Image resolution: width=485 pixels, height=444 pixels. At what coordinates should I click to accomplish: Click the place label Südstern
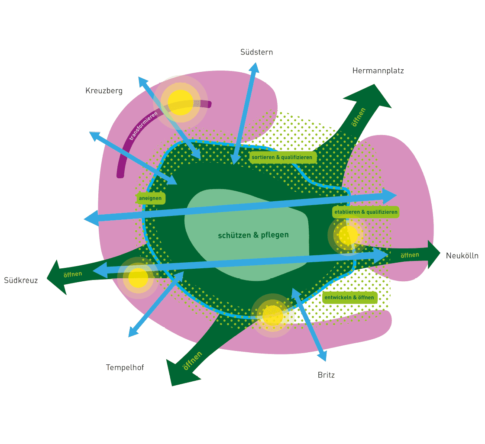click(256, 52)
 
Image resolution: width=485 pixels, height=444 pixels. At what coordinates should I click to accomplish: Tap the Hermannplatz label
click(378, 71)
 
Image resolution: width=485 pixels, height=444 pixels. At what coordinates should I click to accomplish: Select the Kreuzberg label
click(104, 91)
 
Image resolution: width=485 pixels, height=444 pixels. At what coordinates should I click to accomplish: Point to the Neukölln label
click(462, 256)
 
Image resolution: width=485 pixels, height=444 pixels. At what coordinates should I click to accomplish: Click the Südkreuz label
click(21, 280)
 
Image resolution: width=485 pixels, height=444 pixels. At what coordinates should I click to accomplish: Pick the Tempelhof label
click(125, 367)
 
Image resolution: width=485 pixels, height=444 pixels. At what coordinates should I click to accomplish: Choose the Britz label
click(326, 375)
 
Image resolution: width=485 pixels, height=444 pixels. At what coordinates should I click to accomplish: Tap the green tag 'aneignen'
click(150, 199)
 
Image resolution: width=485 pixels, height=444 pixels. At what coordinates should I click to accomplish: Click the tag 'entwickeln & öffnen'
click(349, 298)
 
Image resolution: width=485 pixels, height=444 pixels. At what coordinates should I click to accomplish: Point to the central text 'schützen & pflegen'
click(253, 235)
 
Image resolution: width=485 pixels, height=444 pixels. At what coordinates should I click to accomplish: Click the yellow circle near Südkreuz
click(138, 277)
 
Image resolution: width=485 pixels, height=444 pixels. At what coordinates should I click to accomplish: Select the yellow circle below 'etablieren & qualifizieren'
click(348, 235)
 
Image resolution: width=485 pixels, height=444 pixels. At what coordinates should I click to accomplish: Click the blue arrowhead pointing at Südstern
click(254, 68)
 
